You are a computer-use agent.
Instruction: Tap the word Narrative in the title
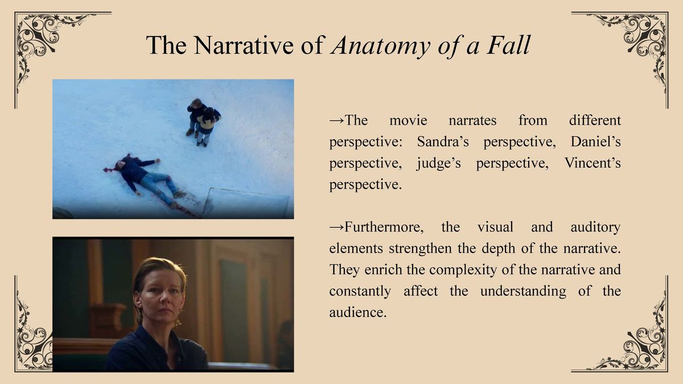pos(244,45)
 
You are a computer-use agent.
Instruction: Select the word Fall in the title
pos(509,45)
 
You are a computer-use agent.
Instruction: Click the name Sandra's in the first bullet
pos(443,142)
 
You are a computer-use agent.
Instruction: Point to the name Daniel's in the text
pos(595,142)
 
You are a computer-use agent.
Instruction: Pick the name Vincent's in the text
pos(593,163)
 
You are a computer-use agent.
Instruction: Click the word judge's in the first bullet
pos(439,163)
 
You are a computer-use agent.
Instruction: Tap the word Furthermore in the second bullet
pos(384,227)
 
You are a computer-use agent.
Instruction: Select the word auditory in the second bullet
pos(595,228)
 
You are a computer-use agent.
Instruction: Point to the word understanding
pos(523,291)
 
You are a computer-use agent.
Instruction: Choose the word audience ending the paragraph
pos(358,312)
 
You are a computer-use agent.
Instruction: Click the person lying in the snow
pos(146,180)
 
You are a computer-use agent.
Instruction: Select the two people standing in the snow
pos(203,122)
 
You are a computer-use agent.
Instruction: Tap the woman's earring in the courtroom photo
pos(182,312)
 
